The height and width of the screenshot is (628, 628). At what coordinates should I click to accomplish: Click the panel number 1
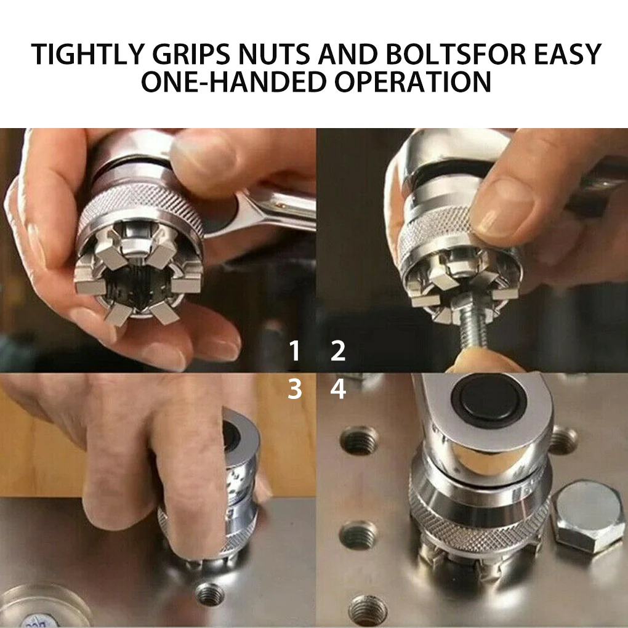[295, 352]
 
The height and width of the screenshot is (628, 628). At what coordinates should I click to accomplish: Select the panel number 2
[338, 352]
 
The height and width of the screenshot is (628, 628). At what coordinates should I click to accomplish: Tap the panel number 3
[295, 389]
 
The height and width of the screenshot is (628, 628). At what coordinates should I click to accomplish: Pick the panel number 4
[338, 389]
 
